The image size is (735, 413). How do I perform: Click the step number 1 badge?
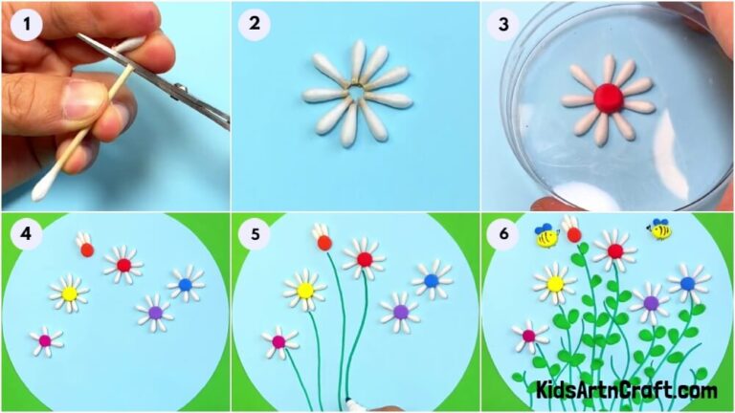click(x=25, y=25)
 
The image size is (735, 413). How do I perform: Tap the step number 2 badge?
click(x=255, y=25)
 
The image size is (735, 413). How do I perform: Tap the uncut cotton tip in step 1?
click(x=43, y=190)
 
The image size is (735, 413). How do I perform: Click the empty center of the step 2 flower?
click(x=358, y=93)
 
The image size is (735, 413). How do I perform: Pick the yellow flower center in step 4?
click(x=69, y=293)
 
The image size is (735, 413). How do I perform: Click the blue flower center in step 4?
click(x=186, y=284)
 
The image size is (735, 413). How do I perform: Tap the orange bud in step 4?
click(x=87, y=250)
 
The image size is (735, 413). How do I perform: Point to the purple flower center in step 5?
click(x=400, y=312)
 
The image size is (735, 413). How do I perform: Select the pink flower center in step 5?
click(x=278, y=341)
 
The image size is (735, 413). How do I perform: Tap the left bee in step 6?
click(x=546, y=236)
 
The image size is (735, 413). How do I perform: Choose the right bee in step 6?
click(x=658, y=229)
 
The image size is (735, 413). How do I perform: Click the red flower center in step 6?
click(x=614, y=251)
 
